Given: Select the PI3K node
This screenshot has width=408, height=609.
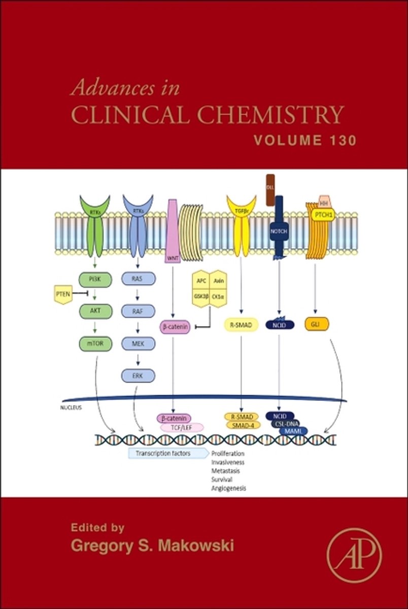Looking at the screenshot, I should pos(95,278).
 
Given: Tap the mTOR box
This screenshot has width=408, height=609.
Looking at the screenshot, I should pos(95,344).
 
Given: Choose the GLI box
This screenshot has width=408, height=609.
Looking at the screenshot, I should pos(317,323).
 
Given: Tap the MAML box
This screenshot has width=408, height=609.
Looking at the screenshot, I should pos(293,431).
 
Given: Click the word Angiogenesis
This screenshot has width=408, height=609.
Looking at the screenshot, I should pos(228,488).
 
